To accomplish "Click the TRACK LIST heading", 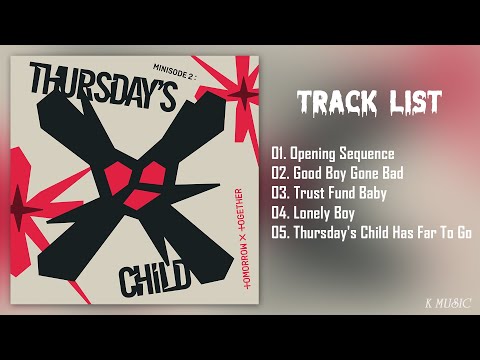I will click(x=369, y=101).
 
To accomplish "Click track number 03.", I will click(x=280, y=193).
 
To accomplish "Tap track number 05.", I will click(x=280, y=233).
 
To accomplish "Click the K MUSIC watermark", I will click(x=444, y=300).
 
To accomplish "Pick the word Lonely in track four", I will click(x=313, y=213).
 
